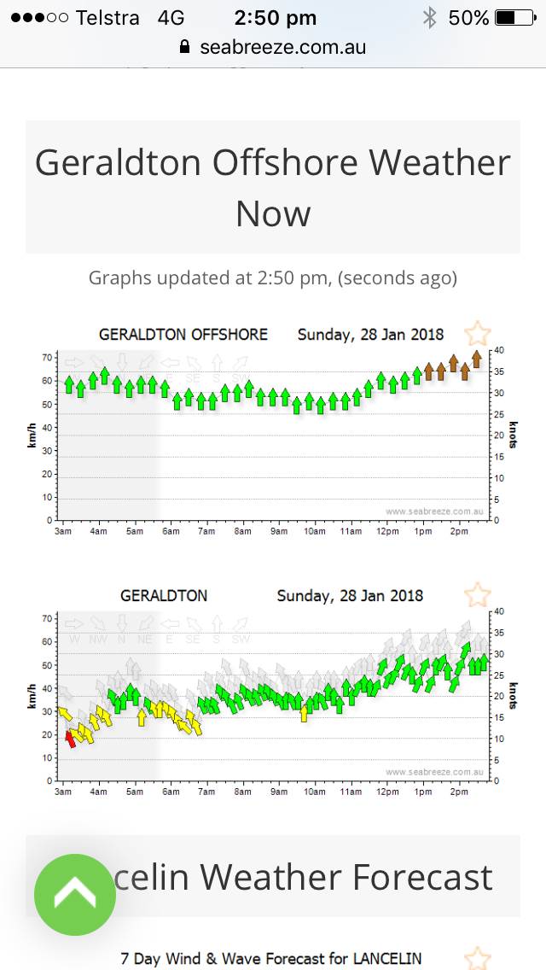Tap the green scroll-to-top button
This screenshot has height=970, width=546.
tap(75, 894)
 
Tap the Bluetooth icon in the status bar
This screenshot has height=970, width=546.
tap(430, 18)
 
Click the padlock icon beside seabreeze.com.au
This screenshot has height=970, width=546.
tap(185, 47)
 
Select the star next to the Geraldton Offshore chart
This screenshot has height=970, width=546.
tap(477, 333)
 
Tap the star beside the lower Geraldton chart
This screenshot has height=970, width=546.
tap(477, 593)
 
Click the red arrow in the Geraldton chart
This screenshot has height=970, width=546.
tap(71, 738)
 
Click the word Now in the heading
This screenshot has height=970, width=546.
tap(273, 213)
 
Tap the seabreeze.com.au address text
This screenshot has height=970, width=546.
tap(282, 47)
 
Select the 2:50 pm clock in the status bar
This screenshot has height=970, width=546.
tap(275, 18)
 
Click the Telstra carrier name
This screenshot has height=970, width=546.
tap(107, 18)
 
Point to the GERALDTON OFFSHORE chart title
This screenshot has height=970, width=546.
tap(183, 335)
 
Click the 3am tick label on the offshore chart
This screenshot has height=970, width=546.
tap(63, 532)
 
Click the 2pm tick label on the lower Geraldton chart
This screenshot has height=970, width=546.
tap(459, 792)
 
